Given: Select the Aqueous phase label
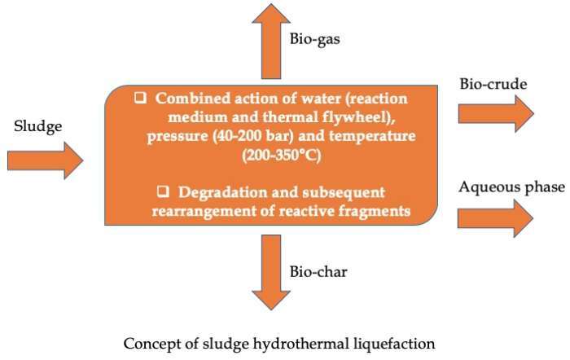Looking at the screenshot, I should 511,187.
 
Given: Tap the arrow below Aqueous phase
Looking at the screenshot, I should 495,217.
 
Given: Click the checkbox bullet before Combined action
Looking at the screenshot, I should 140,98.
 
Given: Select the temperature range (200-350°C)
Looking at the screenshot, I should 280,152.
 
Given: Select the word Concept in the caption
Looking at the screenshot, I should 149,344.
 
